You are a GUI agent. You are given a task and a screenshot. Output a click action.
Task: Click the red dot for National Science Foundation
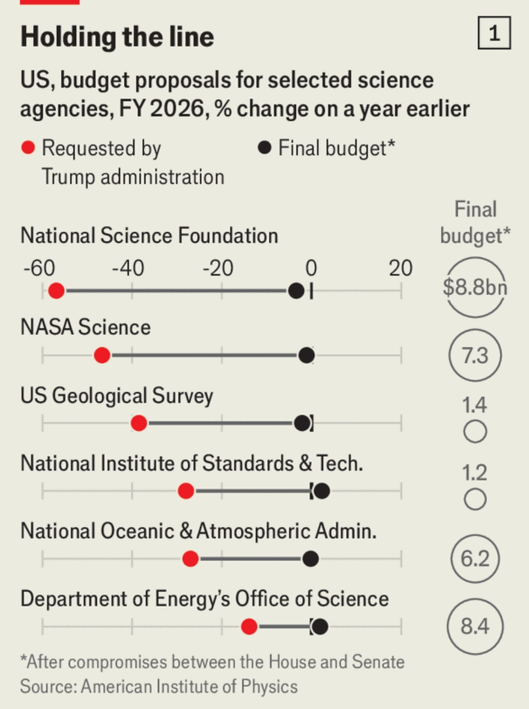(x=56, y=290)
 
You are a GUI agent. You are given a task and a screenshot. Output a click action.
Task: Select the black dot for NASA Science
(x=306, y=356)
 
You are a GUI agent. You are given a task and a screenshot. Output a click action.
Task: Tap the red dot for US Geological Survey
(x=139, y=424)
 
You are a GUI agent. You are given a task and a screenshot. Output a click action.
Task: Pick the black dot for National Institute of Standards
(x=321, y=491)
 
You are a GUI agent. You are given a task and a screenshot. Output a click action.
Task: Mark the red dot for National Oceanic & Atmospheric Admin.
(x=190, y=559)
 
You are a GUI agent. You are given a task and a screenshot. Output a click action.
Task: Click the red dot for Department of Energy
(x=250, y=627)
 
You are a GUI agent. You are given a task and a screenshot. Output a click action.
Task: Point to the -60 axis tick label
(x=39, y=268)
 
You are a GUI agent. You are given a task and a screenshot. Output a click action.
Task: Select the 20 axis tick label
(x=400, y=268)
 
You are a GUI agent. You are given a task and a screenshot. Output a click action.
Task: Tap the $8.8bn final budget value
(x=475, y=288)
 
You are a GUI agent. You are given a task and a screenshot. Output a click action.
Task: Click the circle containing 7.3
(x=475, y=355)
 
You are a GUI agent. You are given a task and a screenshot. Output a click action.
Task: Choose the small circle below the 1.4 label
(x=475, y=431)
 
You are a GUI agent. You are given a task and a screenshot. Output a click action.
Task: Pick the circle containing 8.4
(x=475, y=626)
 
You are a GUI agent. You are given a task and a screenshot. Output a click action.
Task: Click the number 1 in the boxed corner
(x=494, y=33)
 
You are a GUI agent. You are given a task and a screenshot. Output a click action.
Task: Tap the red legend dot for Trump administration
(x=28, y=148)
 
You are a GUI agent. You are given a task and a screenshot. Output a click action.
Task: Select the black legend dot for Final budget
(x=264, y=148)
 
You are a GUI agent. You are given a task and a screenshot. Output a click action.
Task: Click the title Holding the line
(x=117, y=37)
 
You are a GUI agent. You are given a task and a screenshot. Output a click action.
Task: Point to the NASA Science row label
(x=86, y=327)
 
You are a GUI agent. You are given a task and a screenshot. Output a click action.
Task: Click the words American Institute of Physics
(x=189, y=686)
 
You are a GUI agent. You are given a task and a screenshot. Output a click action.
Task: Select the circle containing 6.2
(x=475, y=559)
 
